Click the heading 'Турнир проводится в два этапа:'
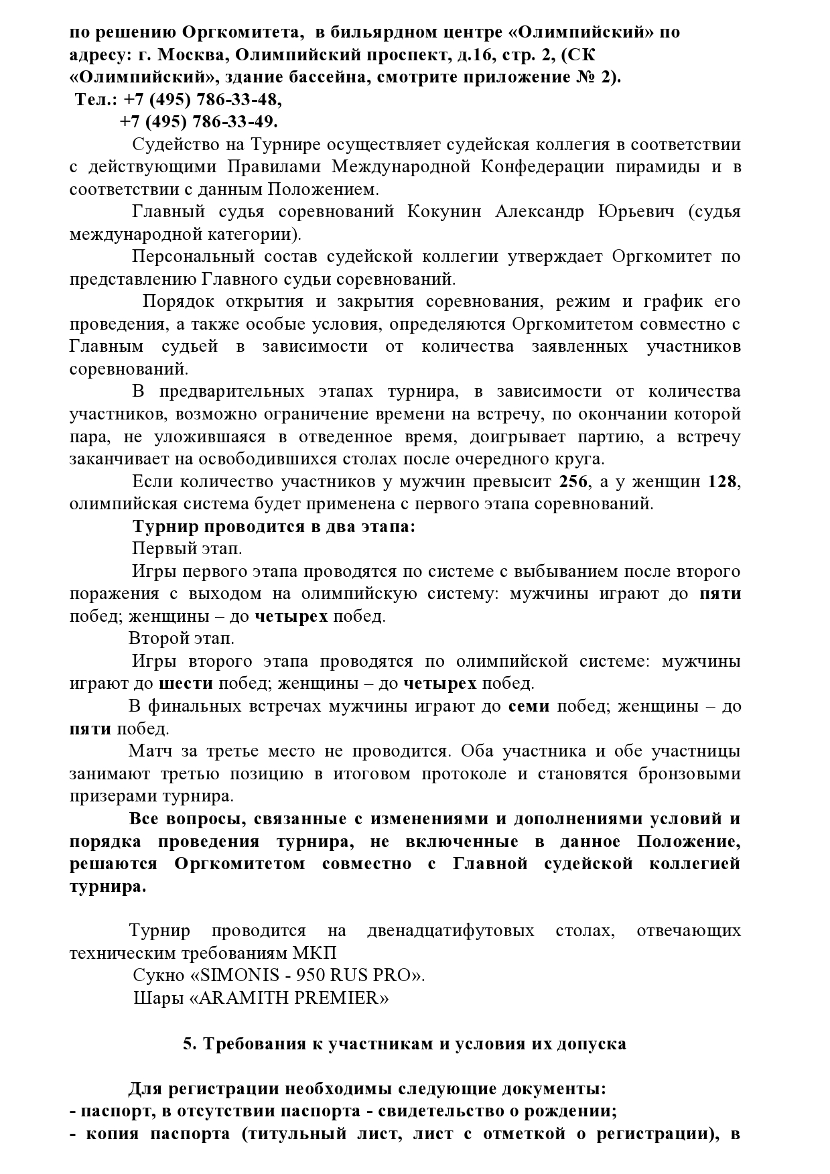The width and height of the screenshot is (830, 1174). [x=274, y=526]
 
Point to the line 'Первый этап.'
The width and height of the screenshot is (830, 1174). [x=187, y=548]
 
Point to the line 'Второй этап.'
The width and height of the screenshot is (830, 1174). [x=182, y=638]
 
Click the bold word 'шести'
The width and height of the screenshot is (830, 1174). [x=186, y=683]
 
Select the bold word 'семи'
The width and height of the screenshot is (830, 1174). [x=529, y=706]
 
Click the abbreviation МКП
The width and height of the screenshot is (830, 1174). [x=315, y=953]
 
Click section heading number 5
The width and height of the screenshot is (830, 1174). [x=188, y=1043]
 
